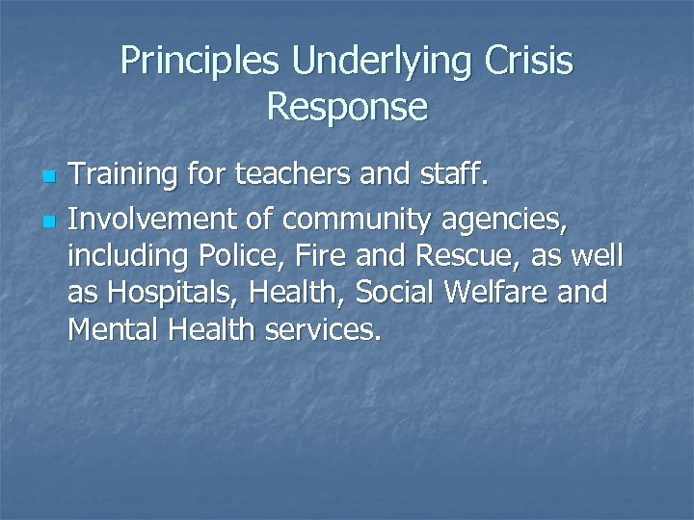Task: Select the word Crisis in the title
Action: coord(529,62)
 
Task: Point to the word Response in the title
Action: coord(347,106)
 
